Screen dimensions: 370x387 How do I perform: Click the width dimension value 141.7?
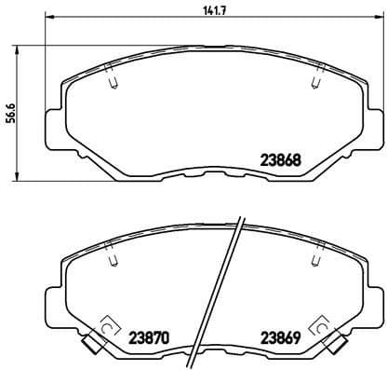(197, 11)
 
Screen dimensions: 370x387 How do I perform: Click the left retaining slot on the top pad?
(112, 82)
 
